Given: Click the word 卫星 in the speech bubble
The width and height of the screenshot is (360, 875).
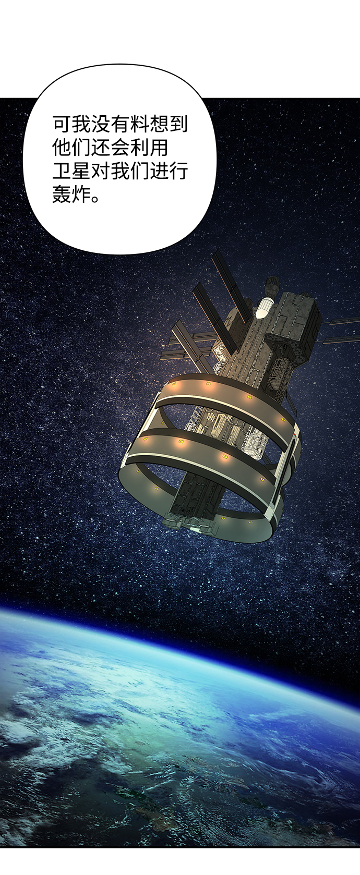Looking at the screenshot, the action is coord(72,171).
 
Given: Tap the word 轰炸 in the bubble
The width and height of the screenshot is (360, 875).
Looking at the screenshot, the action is coord(72,194).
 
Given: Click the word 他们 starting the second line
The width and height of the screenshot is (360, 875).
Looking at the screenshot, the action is coord(72,148).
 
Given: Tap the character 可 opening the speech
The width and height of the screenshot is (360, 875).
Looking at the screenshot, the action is coord(62,124).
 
